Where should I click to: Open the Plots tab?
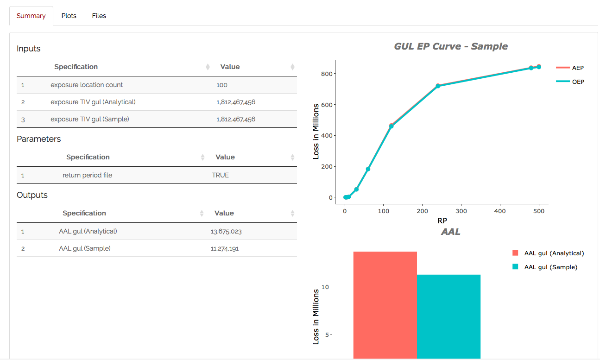[x=69, y=16]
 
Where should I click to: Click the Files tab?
[x=99, y=16]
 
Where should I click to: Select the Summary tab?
[x=31, y=16]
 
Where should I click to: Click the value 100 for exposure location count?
[x=222, y=85]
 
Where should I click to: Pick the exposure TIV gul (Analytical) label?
[x=93, y=102]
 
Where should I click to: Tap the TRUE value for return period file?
[x=220, y=175]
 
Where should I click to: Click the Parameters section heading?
[x=38, y=139]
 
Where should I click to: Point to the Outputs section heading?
[x=32, y=195]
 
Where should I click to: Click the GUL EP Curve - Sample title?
[x=450, y=46]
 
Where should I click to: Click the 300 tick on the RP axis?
[x=461, y=211]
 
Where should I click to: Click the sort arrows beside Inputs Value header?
[x=292, y=67]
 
